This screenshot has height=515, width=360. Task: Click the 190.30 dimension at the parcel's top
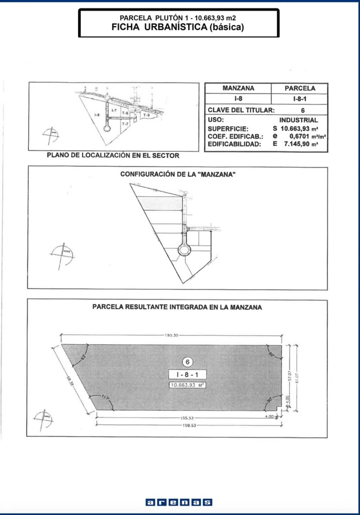pos(171,335)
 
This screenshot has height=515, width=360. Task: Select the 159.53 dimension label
pos(189,425)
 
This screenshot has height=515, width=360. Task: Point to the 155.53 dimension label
pos(187,418)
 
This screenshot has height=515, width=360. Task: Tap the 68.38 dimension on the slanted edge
pos(70,381)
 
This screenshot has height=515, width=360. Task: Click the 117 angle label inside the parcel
pos(105,398)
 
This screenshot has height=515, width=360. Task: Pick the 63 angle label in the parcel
pos(83,357)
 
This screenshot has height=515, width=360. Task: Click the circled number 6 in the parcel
pos(187,362)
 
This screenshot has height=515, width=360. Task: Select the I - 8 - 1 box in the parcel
pos(187,375)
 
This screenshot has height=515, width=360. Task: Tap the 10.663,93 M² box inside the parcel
pos(187,385)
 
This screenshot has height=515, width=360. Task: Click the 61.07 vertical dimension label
pos(297,378)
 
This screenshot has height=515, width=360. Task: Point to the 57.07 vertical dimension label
pos(289,376)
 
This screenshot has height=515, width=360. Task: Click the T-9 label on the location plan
pos(147,115)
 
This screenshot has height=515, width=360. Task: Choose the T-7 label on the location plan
pos(125,124)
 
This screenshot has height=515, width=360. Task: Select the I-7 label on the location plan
pos(114,110)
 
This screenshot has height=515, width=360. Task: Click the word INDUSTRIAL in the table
pos(298,120)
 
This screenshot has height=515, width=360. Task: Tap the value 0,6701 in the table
pos(299,136)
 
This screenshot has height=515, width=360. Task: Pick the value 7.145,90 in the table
pos(297,144)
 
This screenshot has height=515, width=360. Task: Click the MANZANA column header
pos(238,88)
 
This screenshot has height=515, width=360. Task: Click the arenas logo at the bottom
pos(179,502)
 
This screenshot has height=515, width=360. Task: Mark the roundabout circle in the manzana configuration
pos(184,250)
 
